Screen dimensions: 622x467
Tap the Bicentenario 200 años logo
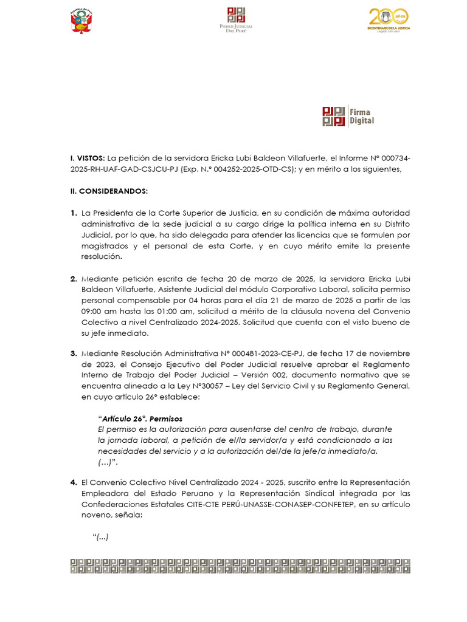tap(389, 21)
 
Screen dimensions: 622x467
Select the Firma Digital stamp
tap(348, 116)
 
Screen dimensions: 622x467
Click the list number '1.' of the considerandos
tap(74, 213)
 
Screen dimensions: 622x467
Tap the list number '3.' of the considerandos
tap(74, 354)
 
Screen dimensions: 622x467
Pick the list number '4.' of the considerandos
tap(74, 482)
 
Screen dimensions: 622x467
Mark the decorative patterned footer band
tap(240, 565)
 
